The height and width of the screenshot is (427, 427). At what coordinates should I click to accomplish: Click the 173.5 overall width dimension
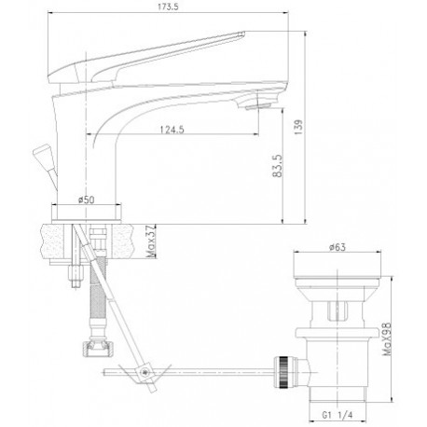168,7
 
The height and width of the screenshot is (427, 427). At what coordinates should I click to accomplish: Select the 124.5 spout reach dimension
172,130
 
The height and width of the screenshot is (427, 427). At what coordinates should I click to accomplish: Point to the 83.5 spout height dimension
277,166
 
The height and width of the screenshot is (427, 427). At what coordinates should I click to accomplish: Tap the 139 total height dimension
298,127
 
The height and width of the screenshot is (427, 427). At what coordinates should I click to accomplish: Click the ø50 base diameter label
86,200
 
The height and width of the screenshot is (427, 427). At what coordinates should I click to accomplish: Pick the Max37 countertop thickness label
151,242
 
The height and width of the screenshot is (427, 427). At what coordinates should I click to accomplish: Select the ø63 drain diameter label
337,247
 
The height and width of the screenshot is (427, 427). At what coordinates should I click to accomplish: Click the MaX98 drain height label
387,338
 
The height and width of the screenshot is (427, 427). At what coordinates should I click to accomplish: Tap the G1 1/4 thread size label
337,415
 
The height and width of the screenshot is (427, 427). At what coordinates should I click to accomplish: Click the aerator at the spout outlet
258,107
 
